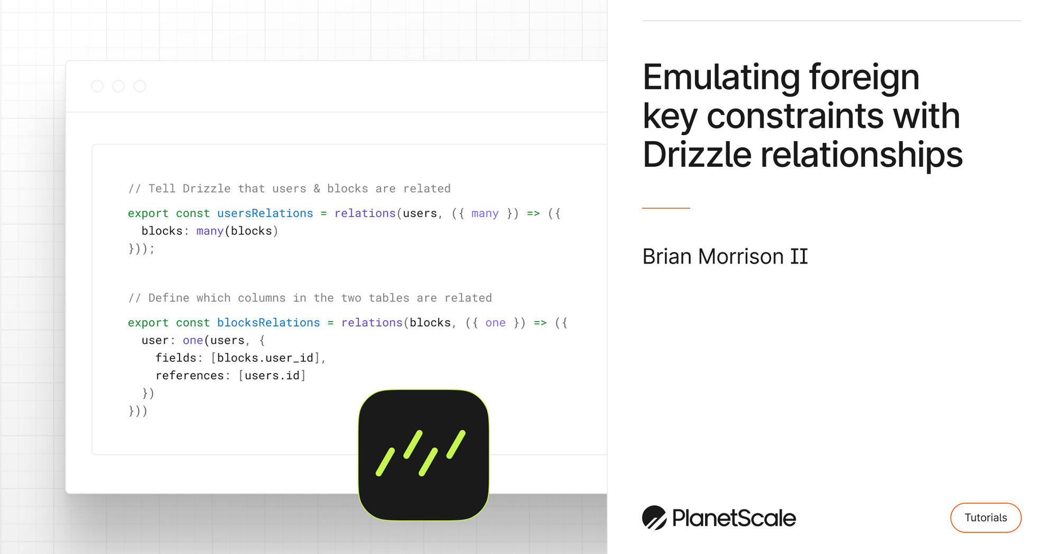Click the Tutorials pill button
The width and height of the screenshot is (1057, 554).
coord(986,517)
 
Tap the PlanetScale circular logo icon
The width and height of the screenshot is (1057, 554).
coord(654,517)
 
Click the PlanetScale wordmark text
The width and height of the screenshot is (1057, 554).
coord(734,518)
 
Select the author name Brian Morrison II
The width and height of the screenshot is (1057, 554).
coord(725,257)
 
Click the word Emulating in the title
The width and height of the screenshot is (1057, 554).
coord(721,78)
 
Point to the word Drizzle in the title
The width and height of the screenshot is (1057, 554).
coord(697,155)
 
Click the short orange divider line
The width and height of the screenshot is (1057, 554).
coord(666,208)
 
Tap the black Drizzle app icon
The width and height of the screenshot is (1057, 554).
coord(423,455)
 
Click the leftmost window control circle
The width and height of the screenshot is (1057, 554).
coord(97,86)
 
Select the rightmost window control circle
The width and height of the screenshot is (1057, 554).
coord(140,86)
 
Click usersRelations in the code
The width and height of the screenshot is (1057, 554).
coord(265,213)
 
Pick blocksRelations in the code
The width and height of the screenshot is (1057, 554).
coord(268,323)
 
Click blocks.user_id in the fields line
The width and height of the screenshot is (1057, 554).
coord(265,358)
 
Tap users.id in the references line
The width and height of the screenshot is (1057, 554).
coord(273,376)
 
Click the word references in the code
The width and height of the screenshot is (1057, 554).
coord(190,376)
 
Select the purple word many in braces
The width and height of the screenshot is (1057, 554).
coord(485,213)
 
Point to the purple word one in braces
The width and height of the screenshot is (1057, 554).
coord(495,323)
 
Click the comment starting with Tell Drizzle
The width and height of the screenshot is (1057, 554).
coord(290,189)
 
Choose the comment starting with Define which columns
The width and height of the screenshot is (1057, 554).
coord(310,298)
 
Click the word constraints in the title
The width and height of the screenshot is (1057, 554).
coord(795,116)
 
